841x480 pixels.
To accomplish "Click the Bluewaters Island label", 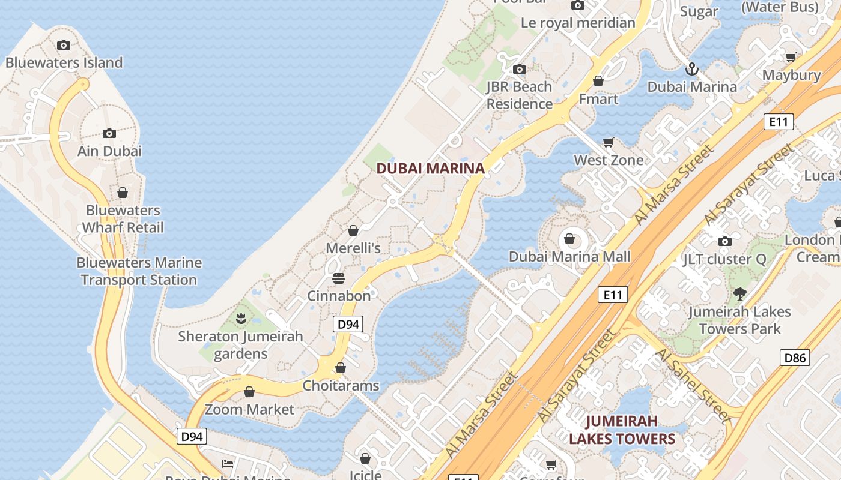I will (x=64, y=62).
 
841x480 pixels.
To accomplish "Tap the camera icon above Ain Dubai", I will (x=109, y=133).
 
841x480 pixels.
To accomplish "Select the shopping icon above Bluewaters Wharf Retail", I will (x=123, y=193).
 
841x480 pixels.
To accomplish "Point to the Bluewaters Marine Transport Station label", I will (x=139, y=271).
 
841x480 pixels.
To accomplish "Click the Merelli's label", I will (x=353, y=248).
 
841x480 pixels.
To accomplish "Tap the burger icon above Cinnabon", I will (x=339, y=278).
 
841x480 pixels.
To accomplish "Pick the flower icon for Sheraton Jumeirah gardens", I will (x=241, y=318).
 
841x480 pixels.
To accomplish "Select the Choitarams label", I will (x=341, y=385).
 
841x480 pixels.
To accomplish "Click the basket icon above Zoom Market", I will (x=249, y=392).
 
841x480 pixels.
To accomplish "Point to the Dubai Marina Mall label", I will (x=569, y=257).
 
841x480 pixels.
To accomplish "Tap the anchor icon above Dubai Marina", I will (x=692, y=69).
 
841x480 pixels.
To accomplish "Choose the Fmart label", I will (x=598, y=98).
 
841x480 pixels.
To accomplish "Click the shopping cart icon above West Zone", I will (x=609, y=142).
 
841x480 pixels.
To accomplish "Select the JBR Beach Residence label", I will (x=519, y=95).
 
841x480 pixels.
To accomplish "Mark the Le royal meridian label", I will (x=578, y=23).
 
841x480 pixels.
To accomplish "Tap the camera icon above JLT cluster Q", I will (x=725, y=241).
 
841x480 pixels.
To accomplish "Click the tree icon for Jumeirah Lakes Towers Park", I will (x=739, y=294).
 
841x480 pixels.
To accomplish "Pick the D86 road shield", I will (x=795, y=358).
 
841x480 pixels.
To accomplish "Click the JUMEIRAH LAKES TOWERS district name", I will (x=622, y=430).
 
